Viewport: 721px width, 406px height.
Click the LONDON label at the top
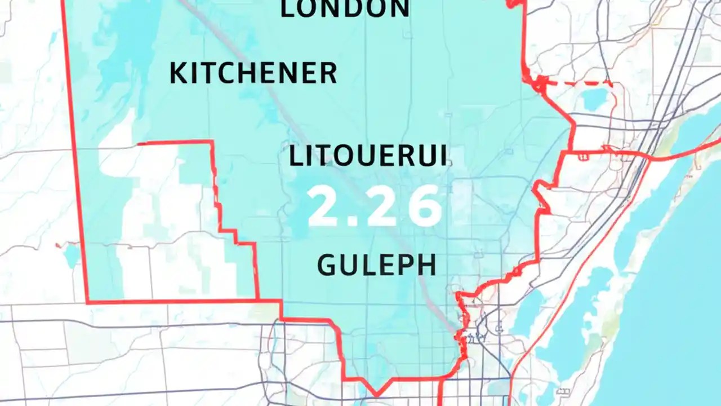tap(345, 9)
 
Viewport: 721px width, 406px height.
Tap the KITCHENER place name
tap(253, 73)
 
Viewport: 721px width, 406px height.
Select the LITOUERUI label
tap(368, 156)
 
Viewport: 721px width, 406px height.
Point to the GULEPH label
tap(376, 265)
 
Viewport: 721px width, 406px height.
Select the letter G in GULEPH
tap(328, 265)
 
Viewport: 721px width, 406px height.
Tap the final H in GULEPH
tap(426, 265)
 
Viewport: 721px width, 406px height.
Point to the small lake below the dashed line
tap(594, 100)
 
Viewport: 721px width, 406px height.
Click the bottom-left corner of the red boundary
tap(88, 302)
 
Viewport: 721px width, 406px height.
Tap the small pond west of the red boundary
tap(72, 255)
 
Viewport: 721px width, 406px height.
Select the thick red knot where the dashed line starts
tap(538, 83)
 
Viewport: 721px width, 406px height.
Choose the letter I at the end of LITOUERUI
tap(443, 156)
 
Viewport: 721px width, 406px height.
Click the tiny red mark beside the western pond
tap(57, 245)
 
